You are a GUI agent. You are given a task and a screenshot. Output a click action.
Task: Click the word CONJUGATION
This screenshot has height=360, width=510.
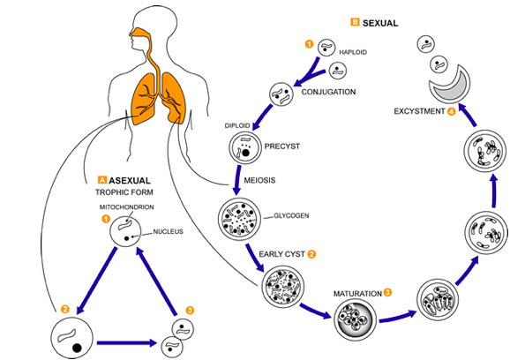point(328,92)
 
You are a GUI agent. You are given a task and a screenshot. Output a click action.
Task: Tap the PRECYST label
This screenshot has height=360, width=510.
point(282,146)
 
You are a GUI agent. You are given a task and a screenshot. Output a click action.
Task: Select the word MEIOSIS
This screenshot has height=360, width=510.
point(259,180)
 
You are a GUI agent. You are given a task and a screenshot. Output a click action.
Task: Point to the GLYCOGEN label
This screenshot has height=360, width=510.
point(291,215)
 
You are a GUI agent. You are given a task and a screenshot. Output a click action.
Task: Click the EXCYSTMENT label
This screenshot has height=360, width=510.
point(419,111)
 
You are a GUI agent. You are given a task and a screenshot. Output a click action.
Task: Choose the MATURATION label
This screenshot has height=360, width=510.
point(357,294)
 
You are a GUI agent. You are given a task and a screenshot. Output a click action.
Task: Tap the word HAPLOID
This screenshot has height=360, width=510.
point(353,52)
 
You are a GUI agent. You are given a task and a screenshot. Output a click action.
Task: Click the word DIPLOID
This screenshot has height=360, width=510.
point(237,125)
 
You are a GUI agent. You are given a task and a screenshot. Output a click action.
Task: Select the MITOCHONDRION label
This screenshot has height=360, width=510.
point(126,207)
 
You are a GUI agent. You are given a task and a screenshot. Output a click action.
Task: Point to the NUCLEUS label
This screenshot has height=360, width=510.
point(169,231)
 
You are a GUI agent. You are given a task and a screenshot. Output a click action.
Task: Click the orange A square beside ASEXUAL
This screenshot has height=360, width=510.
point(102,180)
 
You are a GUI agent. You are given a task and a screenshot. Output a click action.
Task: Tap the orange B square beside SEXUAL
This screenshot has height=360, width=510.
point(355,22)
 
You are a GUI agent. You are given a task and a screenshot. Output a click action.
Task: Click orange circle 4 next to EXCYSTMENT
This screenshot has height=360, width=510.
point(451,111)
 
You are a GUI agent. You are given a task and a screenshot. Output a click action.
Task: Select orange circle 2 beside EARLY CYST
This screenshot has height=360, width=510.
point(311,254)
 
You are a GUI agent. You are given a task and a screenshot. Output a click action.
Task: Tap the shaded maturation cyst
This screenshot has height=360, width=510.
point(356,319)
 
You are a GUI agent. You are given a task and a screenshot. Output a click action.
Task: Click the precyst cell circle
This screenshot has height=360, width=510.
point(245,147)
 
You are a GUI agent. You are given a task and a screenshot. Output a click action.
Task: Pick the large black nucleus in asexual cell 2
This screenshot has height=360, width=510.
point(77,348)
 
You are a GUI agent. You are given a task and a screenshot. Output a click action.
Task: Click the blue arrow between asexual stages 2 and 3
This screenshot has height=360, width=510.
point(127,342)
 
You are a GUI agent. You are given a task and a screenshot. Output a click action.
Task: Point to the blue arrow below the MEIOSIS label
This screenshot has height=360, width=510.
point(237,180)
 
